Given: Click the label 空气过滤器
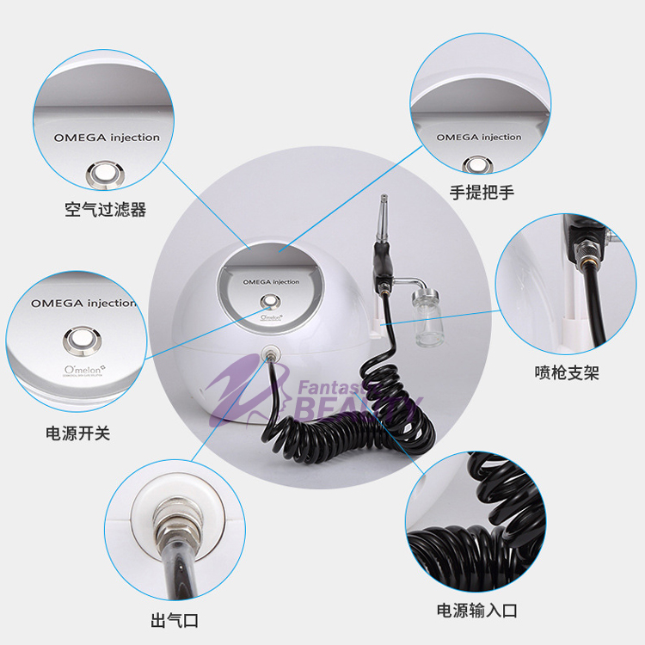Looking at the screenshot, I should click(x=105, y=210).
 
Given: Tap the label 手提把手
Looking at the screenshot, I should click(x=482, y=192).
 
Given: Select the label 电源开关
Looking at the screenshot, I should click(x=77, y=433).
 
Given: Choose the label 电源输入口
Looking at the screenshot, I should click(x=477, y=611).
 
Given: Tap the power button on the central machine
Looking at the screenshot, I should click(x=272, y=301).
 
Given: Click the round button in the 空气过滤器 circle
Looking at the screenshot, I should click(x=106, y=175).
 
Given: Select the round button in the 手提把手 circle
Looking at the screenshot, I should click(x=478, y=165).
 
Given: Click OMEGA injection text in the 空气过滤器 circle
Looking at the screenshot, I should click(x=106, y=138).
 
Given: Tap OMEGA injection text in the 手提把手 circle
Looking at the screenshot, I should click(x=478, y=138).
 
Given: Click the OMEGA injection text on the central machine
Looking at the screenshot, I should click(x=272, y=281).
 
